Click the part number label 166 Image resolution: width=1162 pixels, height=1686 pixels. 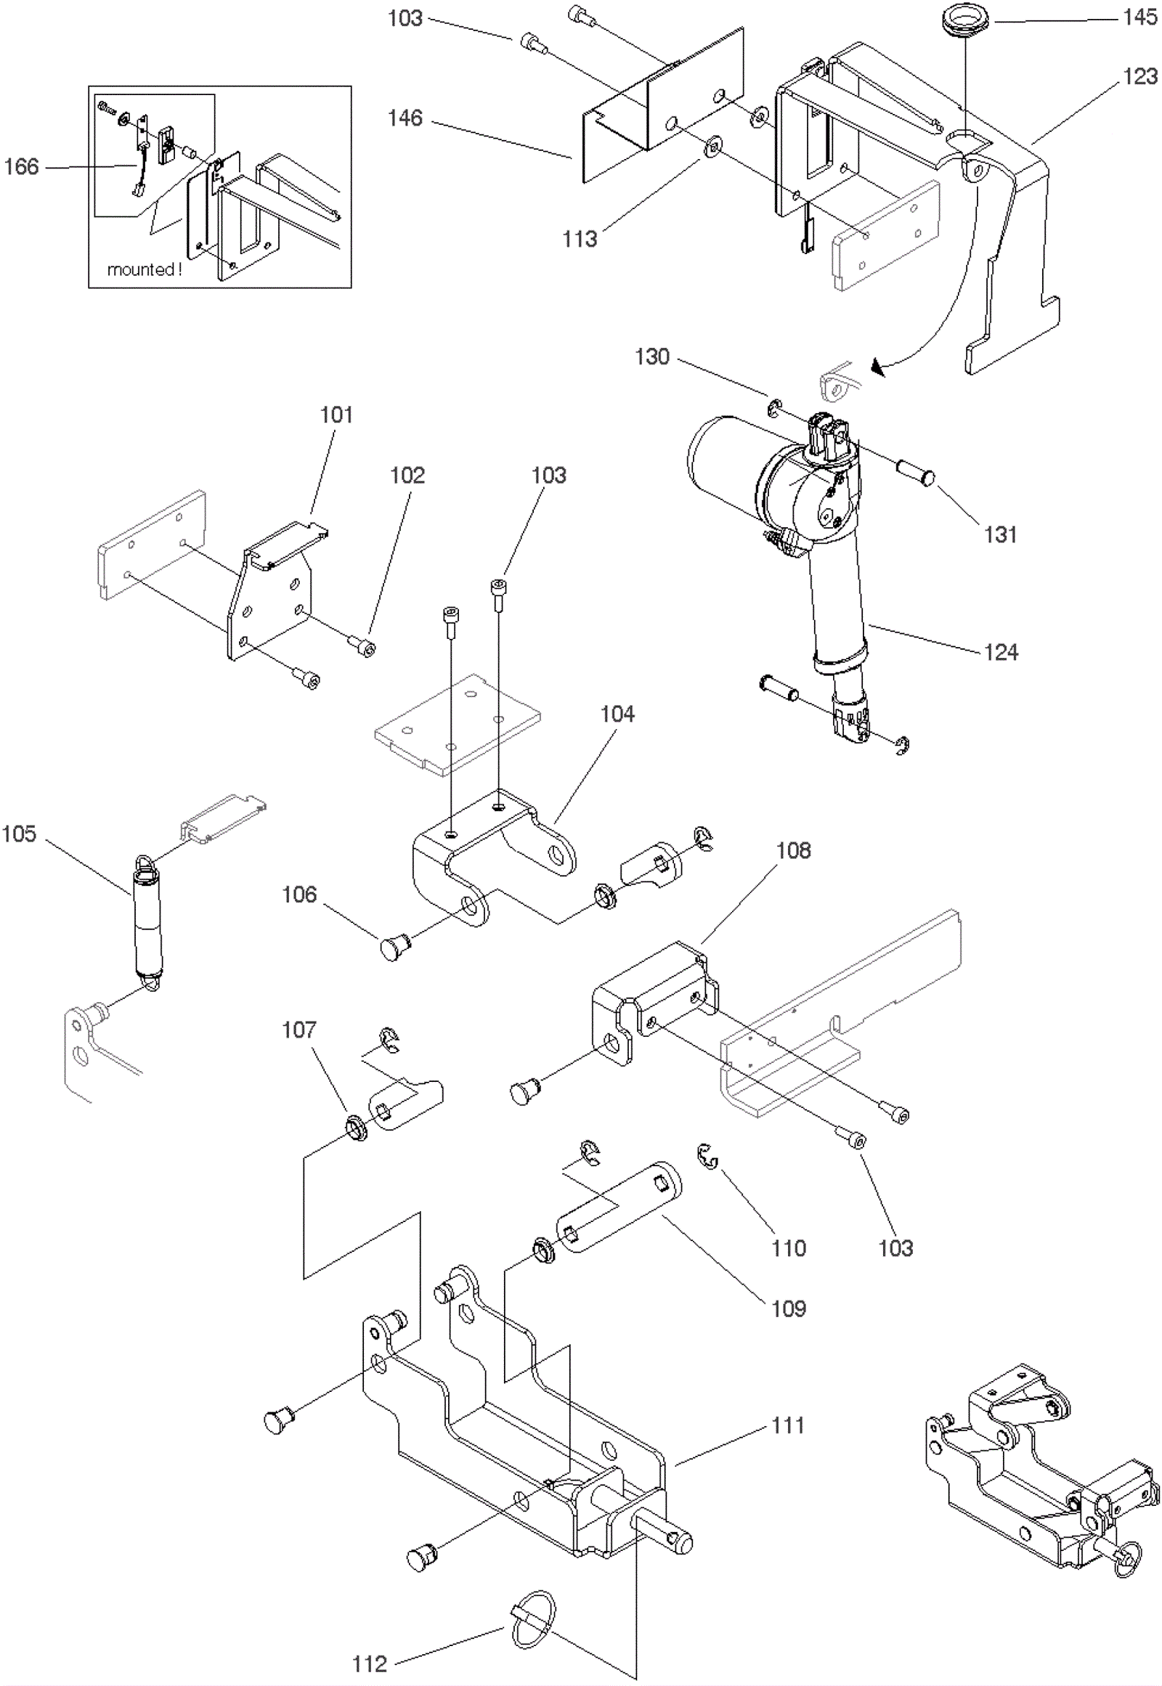(21, 167)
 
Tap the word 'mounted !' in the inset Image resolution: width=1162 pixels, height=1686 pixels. (144, 269)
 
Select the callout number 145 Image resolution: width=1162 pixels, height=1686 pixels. (1139, 17)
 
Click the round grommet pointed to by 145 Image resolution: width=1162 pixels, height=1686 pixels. (964, 19)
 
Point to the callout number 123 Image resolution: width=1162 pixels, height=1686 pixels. (1139, 76)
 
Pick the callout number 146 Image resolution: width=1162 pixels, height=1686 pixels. (405, 117)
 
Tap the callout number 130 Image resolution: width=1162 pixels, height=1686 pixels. (651, 357)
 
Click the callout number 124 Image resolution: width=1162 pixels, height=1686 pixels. (1000, 651)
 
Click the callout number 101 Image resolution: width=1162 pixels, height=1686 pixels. (336, 415)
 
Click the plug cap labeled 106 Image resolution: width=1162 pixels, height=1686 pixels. (395, 948)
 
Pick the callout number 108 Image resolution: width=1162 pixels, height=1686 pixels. (793, 850)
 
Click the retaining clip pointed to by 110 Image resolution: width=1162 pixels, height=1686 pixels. (707, 1155)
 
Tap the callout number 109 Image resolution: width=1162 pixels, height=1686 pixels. (789, 1308)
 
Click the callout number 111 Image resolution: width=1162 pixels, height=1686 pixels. (788, 1425)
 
